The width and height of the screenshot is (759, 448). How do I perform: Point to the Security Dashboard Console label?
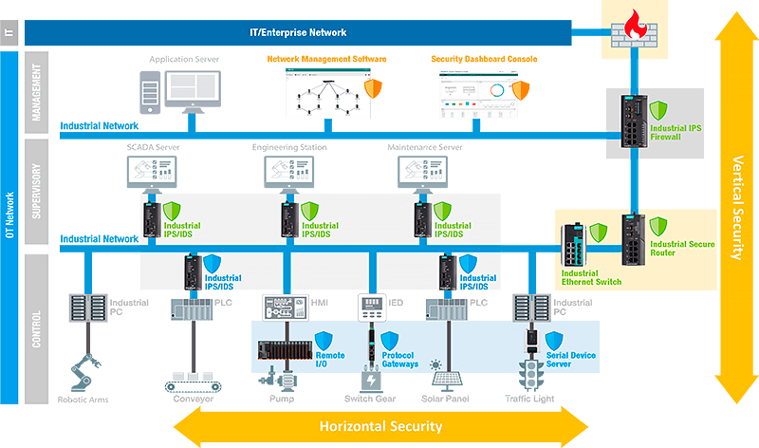484,59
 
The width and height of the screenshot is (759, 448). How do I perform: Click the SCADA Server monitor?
152,172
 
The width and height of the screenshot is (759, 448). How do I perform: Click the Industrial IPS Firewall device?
633,121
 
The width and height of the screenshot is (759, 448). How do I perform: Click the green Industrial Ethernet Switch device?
574,244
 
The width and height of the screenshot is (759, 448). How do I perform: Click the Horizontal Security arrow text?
379,426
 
